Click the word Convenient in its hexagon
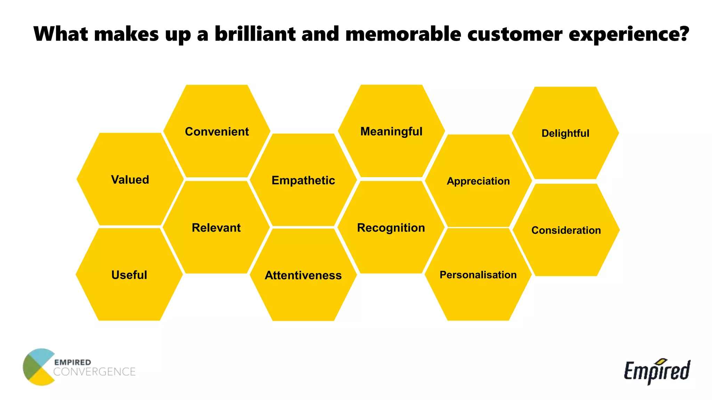pyautogui.click(x=217, y=132)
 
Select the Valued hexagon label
pyautogui.click(x=130, y=180)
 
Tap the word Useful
pyautogui.click(x=129, y=275)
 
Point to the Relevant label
pyautogui.click(x=216, y=227)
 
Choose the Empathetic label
pyautogui.click(x=303, y=180)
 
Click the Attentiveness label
pyautogui.click(x=303, y=275)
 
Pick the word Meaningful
pyautogui.click(x=391, y=131)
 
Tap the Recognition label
pyautogui.click(x=391, y=227)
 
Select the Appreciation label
pyautogui.click(x=478, y=181)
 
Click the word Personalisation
pyautogui.click(x=478, y=275)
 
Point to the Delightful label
pyautogui.click(x=565, y=133)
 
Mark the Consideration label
pyautogui.click(x=566, y=230)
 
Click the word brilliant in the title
pyautogui.click(x=255, y=34)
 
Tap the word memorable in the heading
pyautogui.click(x=403, y=34)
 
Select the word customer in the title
pyautogui.click(x=515, y=34)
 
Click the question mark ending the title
pyautogui.click(x=684, y=34)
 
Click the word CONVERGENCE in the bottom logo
pyautogui.click(x=94, y=372)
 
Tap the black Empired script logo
pyautogui.click(x=657, y=371)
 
